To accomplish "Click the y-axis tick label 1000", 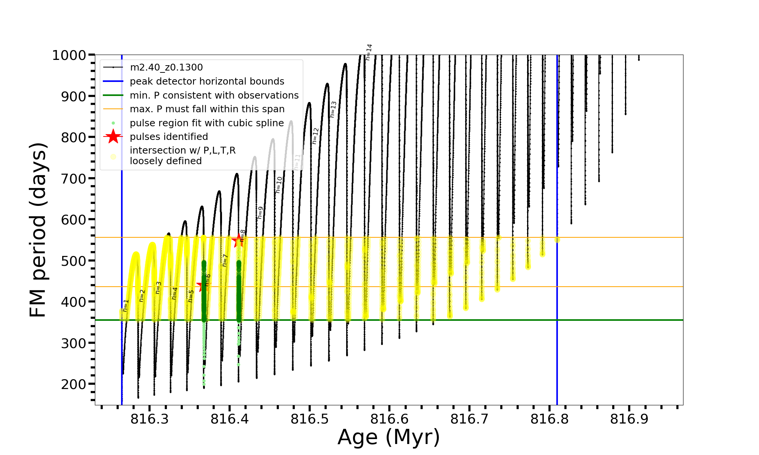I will (69, 55).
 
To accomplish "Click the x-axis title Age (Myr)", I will (389, 437).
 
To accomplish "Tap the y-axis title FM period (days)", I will (38, 230).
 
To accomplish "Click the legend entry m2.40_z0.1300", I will (166, 67).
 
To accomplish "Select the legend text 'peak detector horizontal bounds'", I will (207, 82).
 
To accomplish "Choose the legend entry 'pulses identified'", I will (169, 137).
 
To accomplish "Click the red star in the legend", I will (113, 136).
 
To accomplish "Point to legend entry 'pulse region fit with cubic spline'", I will (207, 123).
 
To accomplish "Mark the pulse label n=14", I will (369, 52).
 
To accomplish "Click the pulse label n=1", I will (126, 306).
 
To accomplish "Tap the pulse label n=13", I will (333, 109).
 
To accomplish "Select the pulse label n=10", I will (279, 185).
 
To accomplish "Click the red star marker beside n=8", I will (239, 240).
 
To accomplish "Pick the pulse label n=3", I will (158, 288).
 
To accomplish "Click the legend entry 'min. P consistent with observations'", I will (214, 96).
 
